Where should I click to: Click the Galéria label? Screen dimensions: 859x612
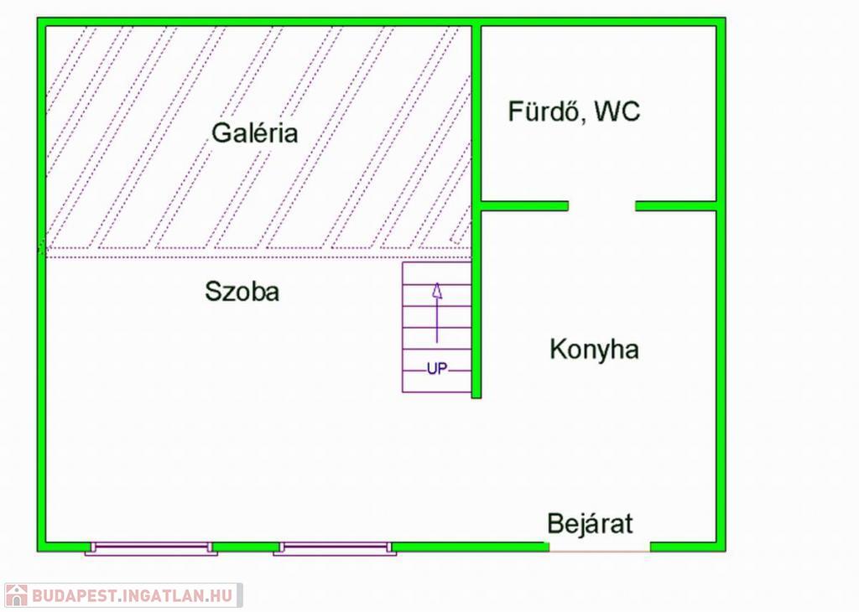[255, 133]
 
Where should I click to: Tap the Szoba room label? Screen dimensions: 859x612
[242, 291]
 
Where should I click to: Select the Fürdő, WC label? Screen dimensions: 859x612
[574, 112]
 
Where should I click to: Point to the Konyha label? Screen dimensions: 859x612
[595, 350]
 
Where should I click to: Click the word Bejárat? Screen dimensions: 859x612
[590, 523]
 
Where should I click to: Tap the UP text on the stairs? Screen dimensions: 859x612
[437, 369]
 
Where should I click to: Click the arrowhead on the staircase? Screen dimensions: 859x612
[437, 291]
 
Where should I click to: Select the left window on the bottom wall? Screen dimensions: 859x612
[151, 548]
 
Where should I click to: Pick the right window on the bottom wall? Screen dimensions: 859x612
[336, 548]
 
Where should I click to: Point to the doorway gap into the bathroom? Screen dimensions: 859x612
[602, 206]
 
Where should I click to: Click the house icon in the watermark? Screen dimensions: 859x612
[17, 595]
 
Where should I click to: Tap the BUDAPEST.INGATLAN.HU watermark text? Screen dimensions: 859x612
[133, 595]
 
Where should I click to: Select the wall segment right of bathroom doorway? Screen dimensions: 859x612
[676, 206]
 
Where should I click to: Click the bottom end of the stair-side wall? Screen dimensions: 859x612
[476, 397]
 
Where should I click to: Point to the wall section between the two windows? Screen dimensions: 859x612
[246, 547]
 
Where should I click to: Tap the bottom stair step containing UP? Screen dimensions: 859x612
[436, 381]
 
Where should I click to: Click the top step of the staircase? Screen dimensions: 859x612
[436, 273]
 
